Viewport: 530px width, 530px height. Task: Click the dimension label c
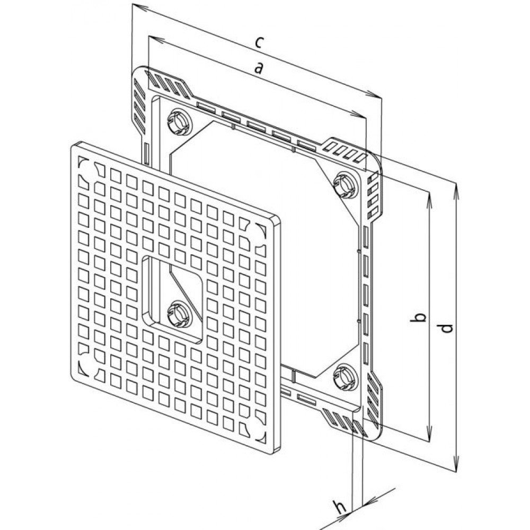pos(259,42)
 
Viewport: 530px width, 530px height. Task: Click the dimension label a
pos(259,68)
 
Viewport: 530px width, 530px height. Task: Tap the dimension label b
pos(419,317)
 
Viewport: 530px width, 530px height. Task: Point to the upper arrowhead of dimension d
pos(456,190)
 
